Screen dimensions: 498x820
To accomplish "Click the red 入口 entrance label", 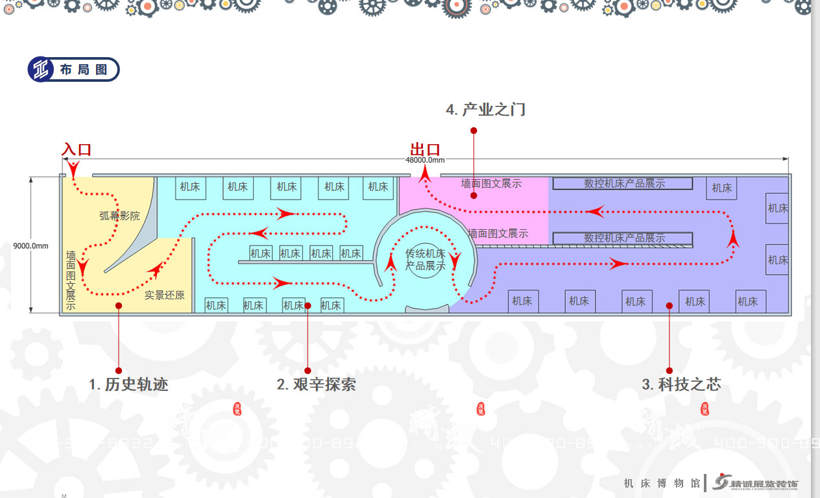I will click(77, 149).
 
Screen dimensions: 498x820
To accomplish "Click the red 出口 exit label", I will click(425, 150).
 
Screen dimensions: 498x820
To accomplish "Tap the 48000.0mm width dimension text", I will click(425, 160).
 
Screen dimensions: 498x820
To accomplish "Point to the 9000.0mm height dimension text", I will click(31, 246).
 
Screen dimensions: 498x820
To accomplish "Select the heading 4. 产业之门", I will click(485, 110).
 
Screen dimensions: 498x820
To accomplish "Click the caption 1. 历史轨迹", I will click(128, 384).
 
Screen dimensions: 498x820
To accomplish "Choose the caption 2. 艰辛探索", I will click(316, 384).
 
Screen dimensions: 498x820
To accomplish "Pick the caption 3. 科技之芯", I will click(681, 384).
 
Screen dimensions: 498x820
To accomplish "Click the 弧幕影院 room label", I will click(119, 216).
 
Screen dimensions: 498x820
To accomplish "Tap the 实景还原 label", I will click(164, 295).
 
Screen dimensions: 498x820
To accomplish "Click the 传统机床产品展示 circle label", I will click(426, 260).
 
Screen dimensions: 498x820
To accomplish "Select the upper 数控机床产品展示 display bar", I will click(623, 184).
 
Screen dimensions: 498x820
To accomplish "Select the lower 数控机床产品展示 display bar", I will click(623, 238).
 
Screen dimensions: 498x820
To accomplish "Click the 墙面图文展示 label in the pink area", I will click(491, 184).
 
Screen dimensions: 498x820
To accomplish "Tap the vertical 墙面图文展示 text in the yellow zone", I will click(71, 280).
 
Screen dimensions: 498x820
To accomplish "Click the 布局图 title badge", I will click(73, 69).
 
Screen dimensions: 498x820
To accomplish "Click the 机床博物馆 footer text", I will click(662, 483).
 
